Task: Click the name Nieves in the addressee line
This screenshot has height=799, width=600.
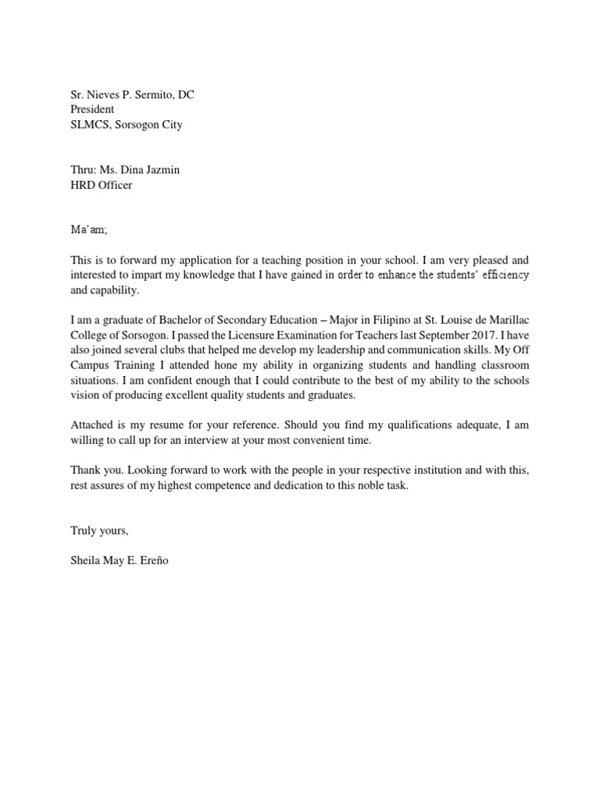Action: click(102, 95)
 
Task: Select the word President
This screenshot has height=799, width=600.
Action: click(92, 110)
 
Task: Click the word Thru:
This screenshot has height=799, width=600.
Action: click(84, 170)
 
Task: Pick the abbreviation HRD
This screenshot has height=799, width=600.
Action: click(83, 185)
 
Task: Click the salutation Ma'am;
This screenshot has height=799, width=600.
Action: click(86, 229)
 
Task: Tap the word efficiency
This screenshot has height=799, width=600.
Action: click(498, 275)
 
